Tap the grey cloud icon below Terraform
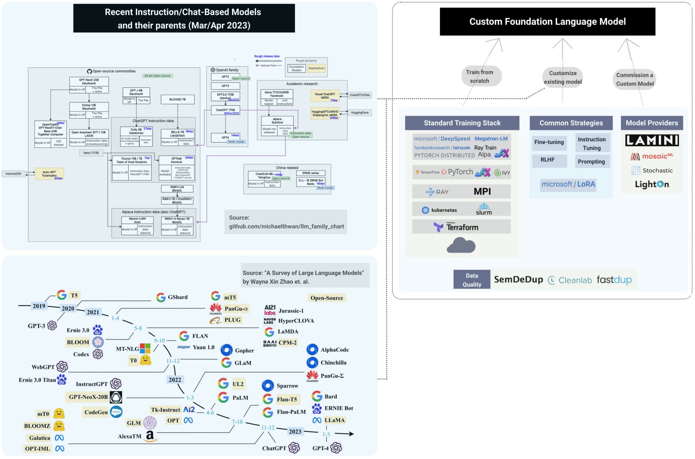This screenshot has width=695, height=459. (x=461, y=245)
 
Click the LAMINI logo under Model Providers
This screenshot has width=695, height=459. (x=652, y=140)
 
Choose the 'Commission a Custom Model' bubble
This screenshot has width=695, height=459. (x=634, y=79)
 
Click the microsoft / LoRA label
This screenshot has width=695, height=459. (x=568, y=185)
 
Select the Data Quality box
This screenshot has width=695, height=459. (x=471, y=280)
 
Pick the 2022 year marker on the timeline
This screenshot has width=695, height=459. (x=175, y=380)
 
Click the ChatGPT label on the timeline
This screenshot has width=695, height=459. (x=274, y=448)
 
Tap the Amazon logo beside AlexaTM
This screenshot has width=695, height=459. (x=150, y=436)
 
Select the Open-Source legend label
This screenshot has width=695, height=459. (x=326, y=298)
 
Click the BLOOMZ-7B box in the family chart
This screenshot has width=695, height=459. (x=177, y=100)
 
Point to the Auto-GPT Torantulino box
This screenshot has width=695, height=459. (x=49, y=174)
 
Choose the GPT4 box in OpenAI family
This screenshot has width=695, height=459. (x=225, y=138)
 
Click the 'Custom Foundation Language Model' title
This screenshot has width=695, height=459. (x=547, y=22)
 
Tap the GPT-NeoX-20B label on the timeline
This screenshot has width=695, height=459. (x=88, y=397)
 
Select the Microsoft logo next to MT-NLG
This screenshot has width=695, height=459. (x=145, y=348)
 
